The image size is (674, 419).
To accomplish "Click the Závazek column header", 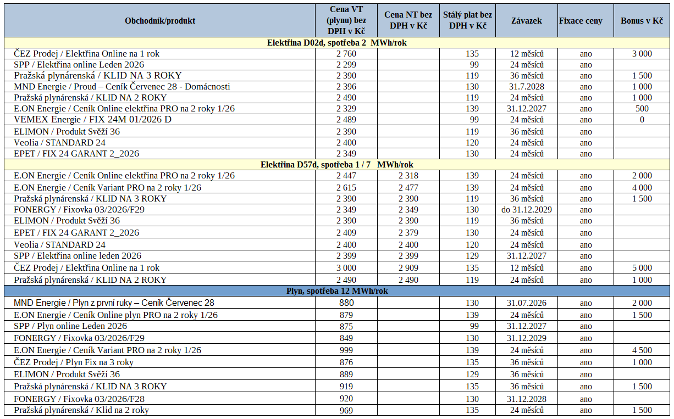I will pos(526,21).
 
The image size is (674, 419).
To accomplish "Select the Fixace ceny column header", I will pos(581,21).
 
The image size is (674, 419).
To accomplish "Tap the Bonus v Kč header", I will pos(642,21).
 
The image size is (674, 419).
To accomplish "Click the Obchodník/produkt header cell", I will pos(160,21).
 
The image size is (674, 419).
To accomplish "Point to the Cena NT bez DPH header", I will pos(408,21).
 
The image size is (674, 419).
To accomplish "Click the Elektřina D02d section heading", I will pos(337,43).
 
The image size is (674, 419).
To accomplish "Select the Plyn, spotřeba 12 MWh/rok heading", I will pos(337,291).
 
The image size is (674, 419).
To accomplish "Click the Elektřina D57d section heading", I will pos(337,165).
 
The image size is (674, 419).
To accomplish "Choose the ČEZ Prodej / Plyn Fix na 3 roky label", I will pos(74,362).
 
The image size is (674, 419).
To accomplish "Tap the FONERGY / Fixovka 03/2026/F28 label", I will pos(79,399).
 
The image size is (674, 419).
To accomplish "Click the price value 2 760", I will pos(346,54).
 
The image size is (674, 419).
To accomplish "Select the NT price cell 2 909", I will pos(408,268).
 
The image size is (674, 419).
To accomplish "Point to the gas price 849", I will pos(346,338).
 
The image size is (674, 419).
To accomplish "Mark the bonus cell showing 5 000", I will pos(642,268).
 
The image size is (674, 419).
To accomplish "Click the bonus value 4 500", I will pos(642,350).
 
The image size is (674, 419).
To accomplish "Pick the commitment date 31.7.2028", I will pos(526,87).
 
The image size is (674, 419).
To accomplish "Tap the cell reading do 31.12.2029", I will pos(526,210).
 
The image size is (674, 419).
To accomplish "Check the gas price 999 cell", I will pos(346,350).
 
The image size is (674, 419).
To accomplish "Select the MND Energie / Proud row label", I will pos(122,87).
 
